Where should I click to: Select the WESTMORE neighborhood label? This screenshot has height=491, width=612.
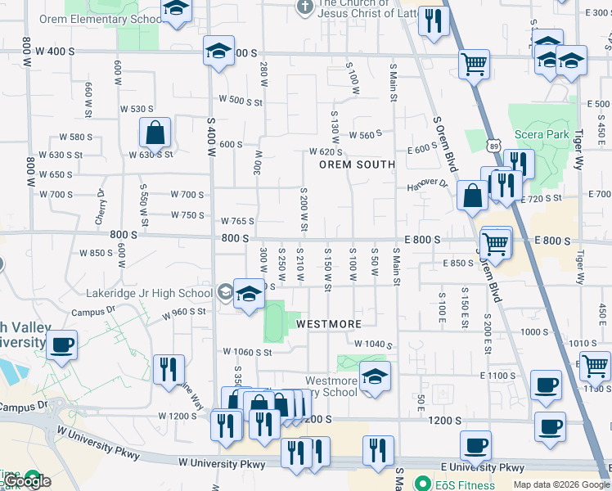click(329, 324)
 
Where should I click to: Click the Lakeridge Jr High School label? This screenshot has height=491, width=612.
click(150, 293)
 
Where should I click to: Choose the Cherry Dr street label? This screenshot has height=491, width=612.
click(101, 206)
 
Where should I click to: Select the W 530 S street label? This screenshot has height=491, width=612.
click(137, 109)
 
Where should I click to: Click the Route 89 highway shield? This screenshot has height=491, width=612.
click(494, 146)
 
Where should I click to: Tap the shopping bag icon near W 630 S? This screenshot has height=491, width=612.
click(155, 131)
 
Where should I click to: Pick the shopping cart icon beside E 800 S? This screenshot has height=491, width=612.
click(495, 243)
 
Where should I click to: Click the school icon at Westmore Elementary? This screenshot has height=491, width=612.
click(376, 376)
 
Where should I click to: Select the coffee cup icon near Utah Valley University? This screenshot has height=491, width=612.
click(62, 345)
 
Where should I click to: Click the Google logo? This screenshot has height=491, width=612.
click(26, 481)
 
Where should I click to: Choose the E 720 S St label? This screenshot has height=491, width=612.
click(542, 199)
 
